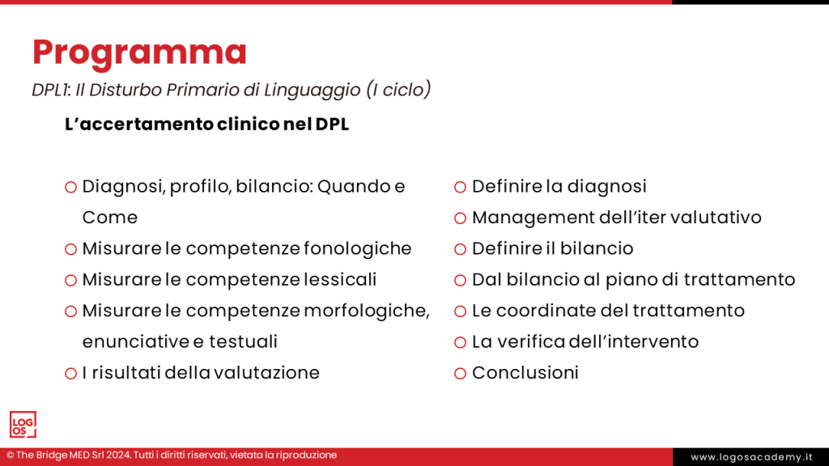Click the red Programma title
[139, 52]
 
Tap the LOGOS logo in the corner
[23, 425]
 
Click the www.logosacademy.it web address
[751, 457]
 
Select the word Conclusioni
[525, 373]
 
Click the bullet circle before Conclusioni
[460, 373]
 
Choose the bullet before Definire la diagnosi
[460, 187]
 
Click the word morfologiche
[366, 311]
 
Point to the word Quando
[354, 187]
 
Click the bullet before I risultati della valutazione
[70, 373]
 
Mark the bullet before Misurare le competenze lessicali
[70, 280]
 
